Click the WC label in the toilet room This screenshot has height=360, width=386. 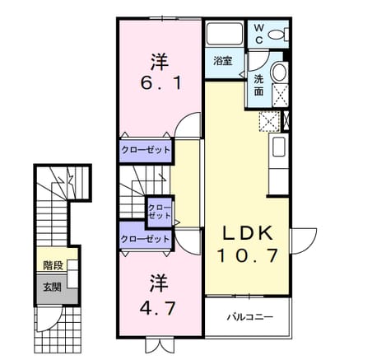[258, 34]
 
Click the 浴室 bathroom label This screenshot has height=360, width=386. [223, 61]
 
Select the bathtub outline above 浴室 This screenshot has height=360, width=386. [225, 34]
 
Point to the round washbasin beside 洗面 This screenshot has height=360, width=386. [279, 72]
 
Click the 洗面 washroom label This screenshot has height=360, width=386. [258, 86]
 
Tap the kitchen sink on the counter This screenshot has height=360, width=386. [279, 147]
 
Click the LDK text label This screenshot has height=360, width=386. [247, 233]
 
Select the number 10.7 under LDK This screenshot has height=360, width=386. [247, 255]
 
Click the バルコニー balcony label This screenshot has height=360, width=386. [250, 317]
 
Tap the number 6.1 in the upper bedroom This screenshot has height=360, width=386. [160, 82]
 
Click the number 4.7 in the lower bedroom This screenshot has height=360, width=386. [158, 308]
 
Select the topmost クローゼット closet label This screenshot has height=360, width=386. [146, 150]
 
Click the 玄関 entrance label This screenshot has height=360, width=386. [52, 288]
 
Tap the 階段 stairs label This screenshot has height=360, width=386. [53, 265]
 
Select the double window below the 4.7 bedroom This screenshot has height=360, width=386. [160, 345]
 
